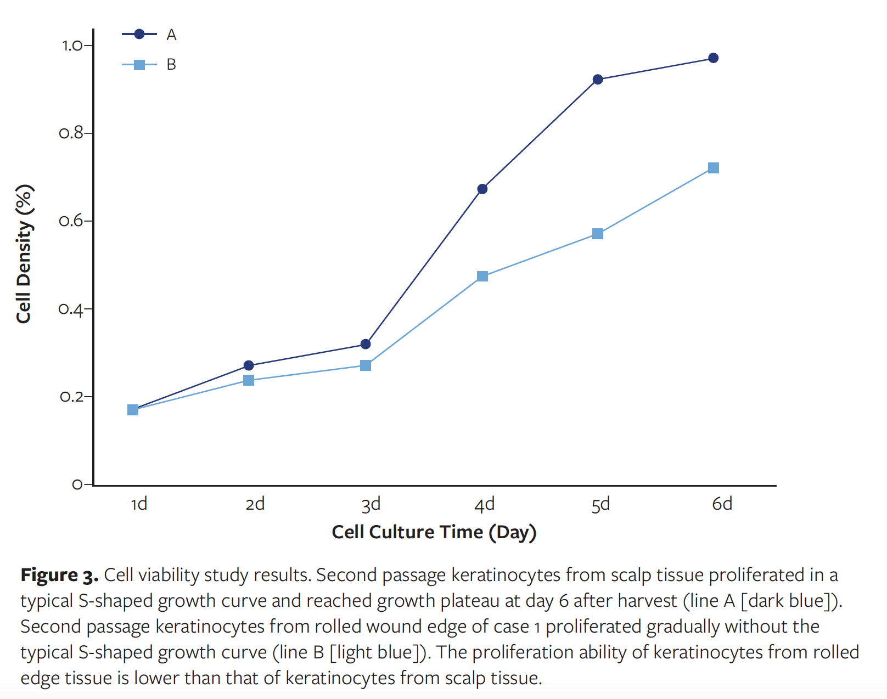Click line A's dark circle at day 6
click(713, 58)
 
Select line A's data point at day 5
click(598, 80)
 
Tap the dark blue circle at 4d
click(482, 189)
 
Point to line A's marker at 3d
click(366, 345)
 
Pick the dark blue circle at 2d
click(249, 365)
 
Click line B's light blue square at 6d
click(713, 168)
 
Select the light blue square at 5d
click(598, 234)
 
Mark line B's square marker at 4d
click(482, 276)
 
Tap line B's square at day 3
click(366, 365)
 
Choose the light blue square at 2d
click(249, 380)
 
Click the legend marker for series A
click(139, 35)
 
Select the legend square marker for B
click(139, 65)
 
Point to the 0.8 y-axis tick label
click(71, 133)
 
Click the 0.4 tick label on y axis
click(71, 309)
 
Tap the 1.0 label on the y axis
click(72, 46)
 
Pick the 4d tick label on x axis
click(484, 504)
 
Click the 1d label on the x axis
click(139, 504)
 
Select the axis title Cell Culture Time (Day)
click(434, 532)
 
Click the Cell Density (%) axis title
click(24, 254)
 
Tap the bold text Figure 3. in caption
click(59, 575)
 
